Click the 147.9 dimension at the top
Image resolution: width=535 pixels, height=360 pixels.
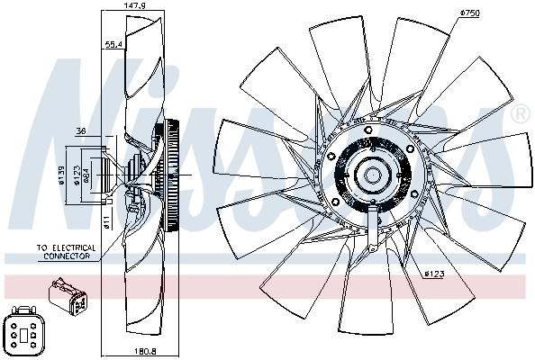tap(135, 5)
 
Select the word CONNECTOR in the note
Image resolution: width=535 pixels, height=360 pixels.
tap(68, 256)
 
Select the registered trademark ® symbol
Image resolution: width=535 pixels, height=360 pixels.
tap(520, 115)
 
